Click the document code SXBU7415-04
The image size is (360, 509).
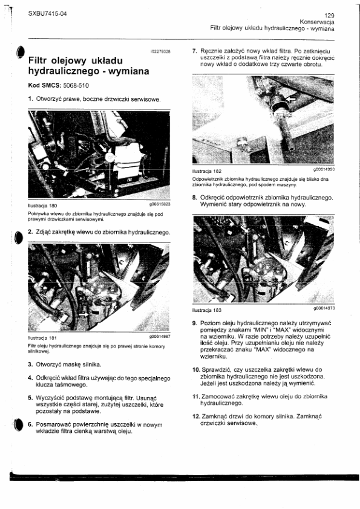(x=47, y=13)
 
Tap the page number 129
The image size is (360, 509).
(x=330, y=15)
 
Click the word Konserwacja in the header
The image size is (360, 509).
(x=317, y=22)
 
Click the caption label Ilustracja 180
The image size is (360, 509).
(x=42, y=206)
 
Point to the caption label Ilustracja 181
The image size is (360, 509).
(x=42, y=338)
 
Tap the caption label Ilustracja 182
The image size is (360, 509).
(x=207, y=171)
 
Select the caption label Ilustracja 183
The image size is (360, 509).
(x=207, y=310)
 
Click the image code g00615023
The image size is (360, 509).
(x=160, y=204)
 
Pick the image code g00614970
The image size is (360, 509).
(x=324, y=308)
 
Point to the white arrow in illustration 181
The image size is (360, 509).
(x=83, y=314)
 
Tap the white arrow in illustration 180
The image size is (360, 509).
(x=103, y=148)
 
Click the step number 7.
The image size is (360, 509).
(x=195, y=51)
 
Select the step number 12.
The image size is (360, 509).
(x=196, y=417)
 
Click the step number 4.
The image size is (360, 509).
(x=30, y=378)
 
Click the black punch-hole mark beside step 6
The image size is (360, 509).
(x=19, y=424)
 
